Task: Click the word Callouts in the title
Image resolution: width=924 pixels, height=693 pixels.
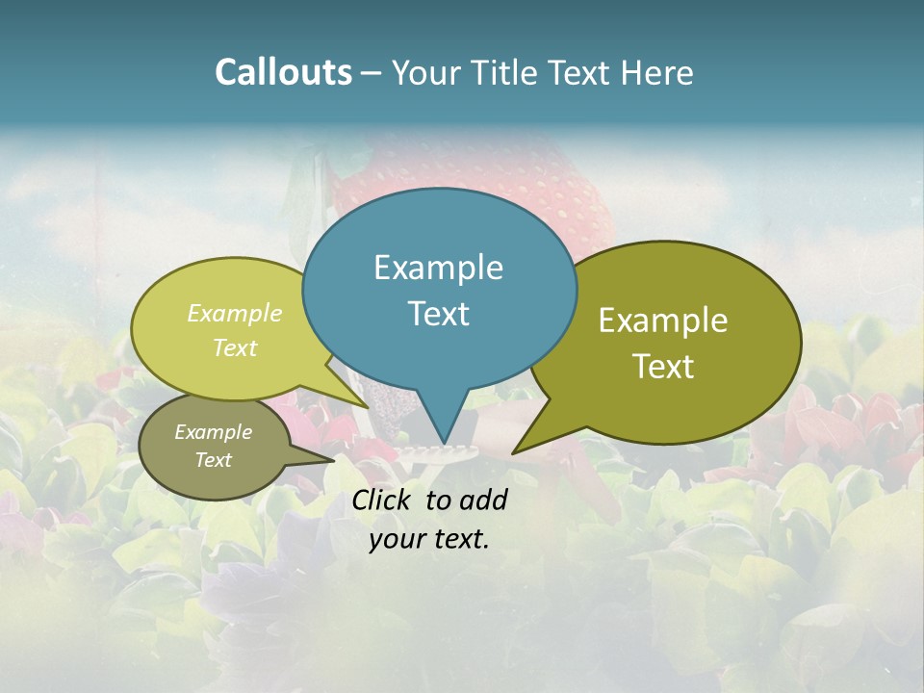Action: (283, 73)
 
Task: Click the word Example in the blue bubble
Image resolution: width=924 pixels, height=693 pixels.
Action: (438, 268)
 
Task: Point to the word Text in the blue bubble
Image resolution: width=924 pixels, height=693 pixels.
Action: (438, 314)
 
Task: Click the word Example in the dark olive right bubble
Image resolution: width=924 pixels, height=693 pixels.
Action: (663, 321)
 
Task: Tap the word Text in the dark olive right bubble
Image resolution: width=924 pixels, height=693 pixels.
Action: (663, 367)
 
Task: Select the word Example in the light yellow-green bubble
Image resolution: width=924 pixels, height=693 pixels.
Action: (235, 314)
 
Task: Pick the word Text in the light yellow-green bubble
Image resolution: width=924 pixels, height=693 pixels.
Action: (235, 347)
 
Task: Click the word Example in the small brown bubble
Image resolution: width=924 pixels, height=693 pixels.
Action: (213, 432)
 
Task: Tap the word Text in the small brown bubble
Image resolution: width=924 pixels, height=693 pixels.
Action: (213, 460)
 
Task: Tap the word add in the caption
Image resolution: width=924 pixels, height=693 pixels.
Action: (484, 500)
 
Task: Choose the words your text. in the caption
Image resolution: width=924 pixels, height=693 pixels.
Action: (429, 539)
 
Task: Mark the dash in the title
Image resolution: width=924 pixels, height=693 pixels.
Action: (372, 73)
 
